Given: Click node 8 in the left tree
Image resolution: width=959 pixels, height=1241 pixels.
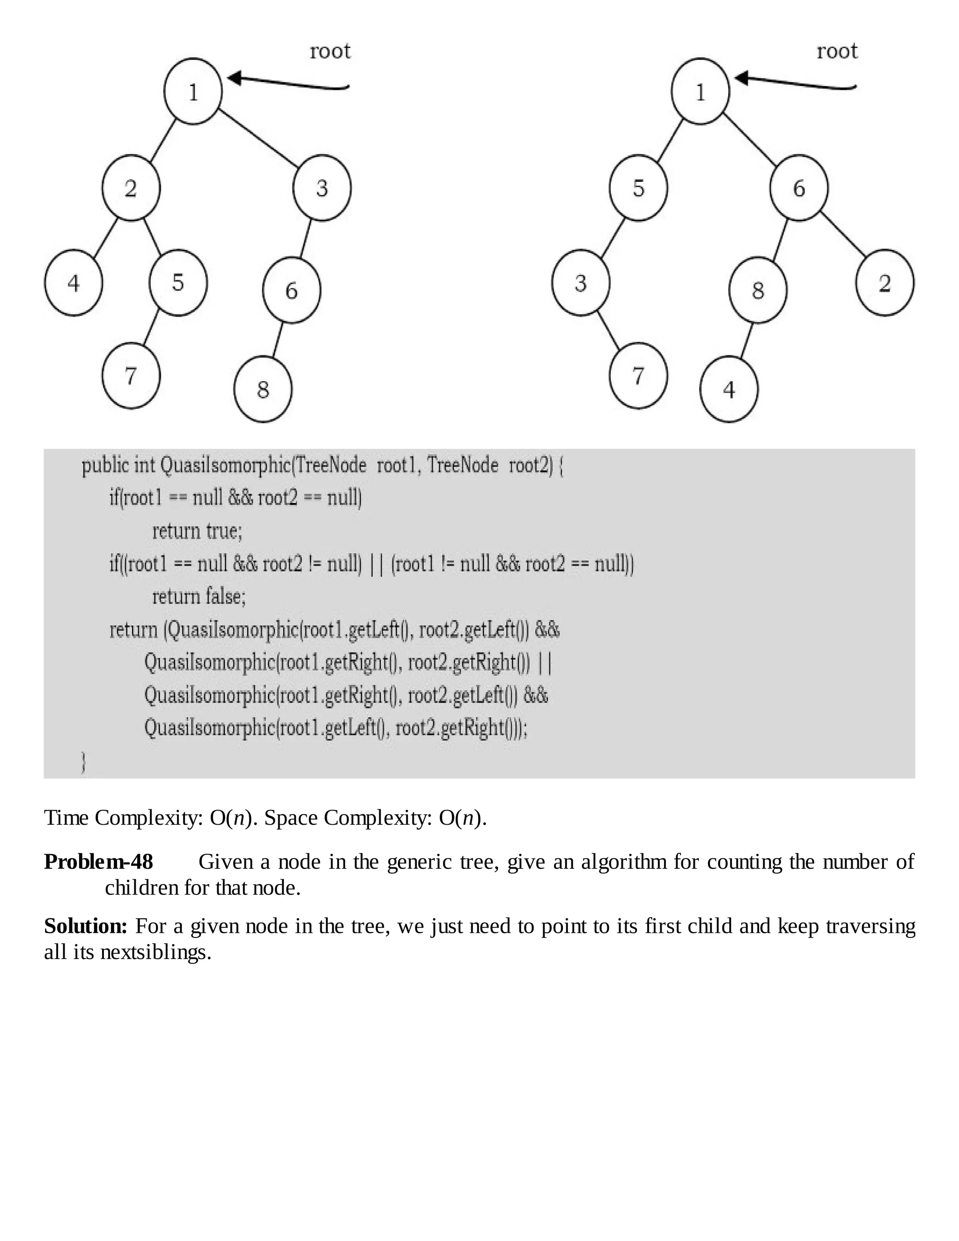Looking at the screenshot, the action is pos(263,389).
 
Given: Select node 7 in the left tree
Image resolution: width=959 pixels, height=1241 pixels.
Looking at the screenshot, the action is pos(131,376).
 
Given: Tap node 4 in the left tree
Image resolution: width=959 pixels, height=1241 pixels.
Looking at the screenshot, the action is pos(74,282).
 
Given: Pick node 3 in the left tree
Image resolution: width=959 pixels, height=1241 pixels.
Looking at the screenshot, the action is pos(322,187).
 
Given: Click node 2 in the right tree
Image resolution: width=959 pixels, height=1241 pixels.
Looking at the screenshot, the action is pos(885,282).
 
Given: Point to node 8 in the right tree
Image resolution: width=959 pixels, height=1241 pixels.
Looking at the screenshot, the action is pos(758,290).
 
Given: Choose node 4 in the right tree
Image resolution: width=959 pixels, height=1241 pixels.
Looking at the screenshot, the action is pos(729,389).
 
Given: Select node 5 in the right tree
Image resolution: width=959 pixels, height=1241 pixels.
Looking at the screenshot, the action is pos(639,187).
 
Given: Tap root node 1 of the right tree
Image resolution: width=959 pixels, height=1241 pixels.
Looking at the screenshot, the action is pos(700,91).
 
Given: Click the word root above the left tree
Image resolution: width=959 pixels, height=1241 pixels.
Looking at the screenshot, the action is pos(330,51).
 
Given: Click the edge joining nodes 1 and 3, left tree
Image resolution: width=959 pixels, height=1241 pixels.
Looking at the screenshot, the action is pos(258,138).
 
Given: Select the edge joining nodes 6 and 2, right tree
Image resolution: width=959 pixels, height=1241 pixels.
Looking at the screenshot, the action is pos(844,234).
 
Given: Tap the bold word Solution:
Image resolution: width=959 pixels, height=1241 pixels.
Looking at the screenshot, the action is pos(86,926).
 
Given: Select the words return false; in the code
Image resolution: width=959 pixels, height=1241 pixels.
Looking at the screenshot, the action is pos(199,597).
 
